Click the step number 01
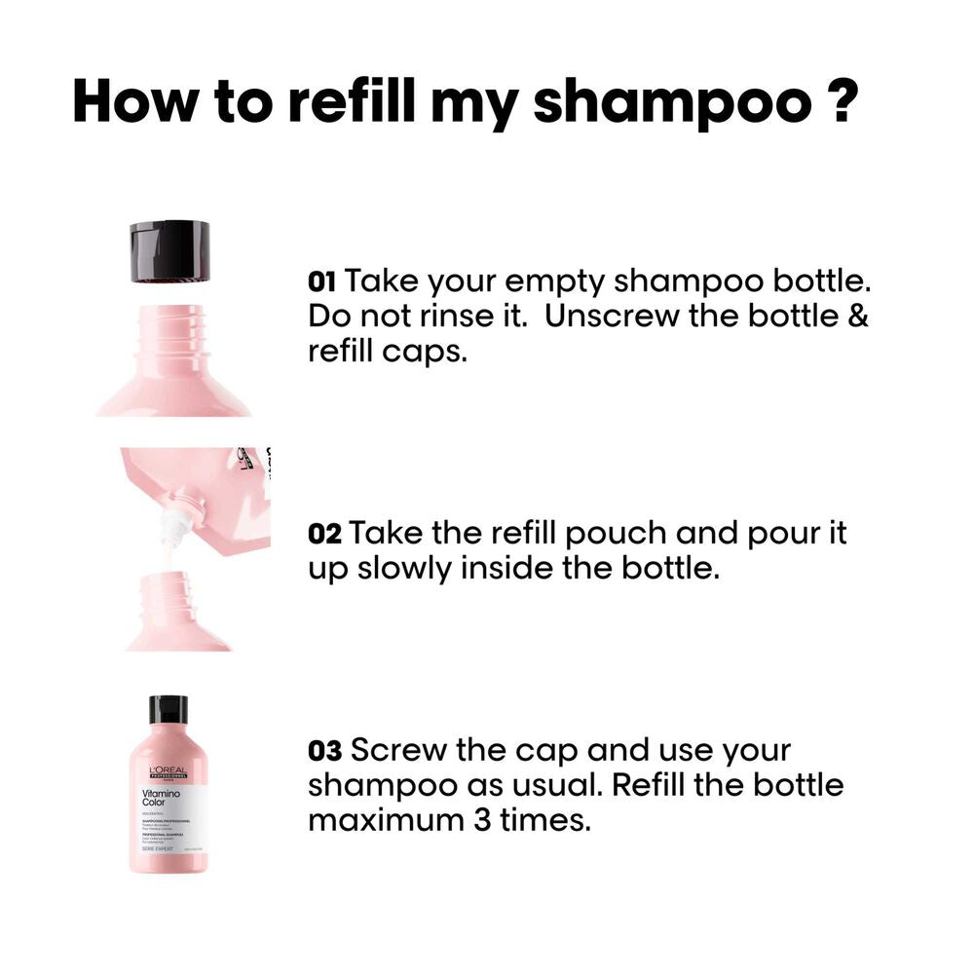(x=321, y=283)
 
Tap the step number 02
(x=323, y=534)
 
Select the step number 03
(x=325, y=751)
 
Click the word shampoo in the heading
(x=671, y=103)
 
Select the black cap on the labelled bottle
(x=168, y=709)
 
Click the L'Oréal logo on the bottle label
(x=168, y=772)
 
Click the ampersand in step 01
(x=857, y=318)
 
